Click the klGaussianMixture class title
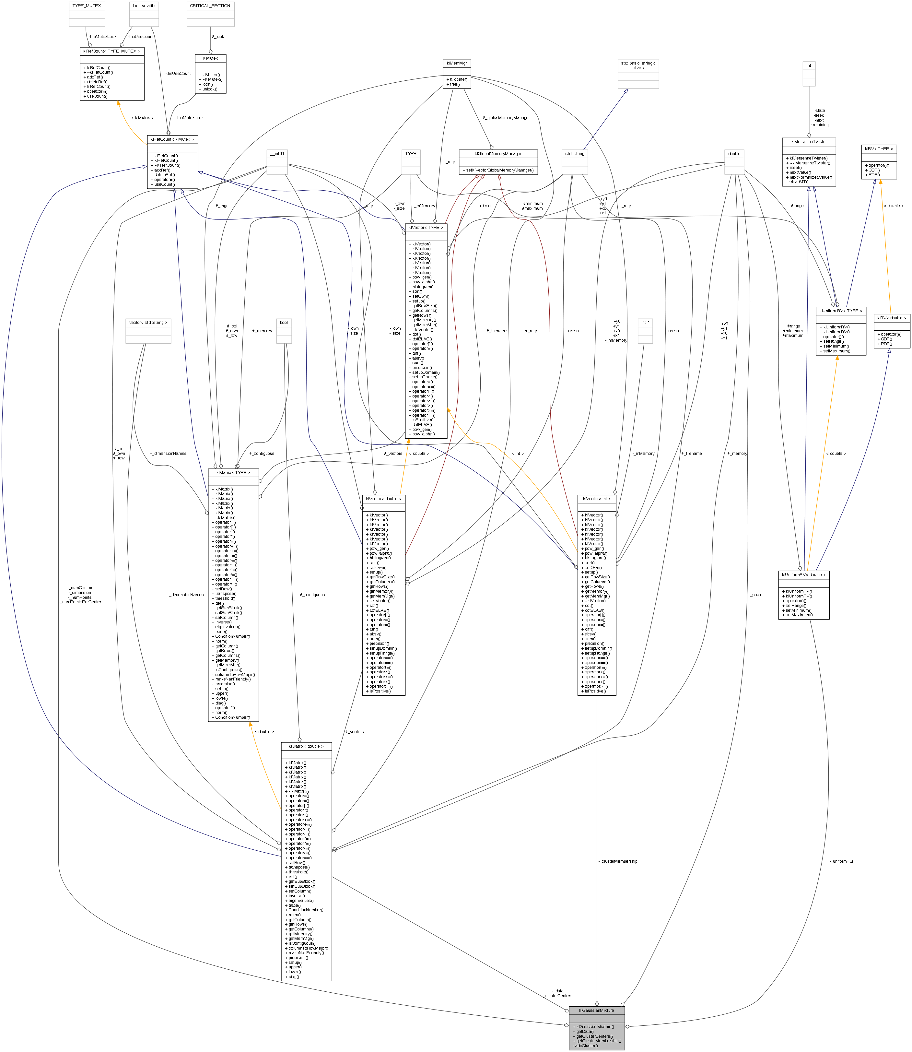point(596,1010)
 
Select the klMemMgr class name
point(457,63)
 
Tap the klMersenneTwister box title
point(809,141)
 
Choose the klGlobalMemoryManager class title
point(498,154)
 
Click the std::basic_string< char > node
point(638,65)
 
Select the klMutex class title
point(210,59)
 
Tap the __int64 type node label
point(277,154)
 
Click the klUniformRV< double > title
point(804,574)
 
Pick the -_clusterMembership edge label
point(618,861)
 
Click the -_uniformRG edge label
point(841,861)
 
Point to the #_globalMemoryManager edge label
point(506,118)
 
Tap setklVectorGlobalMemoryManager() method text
point(498,170)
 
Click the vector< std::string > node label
point(148,323)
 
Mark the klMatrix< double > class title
point(306,746)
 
